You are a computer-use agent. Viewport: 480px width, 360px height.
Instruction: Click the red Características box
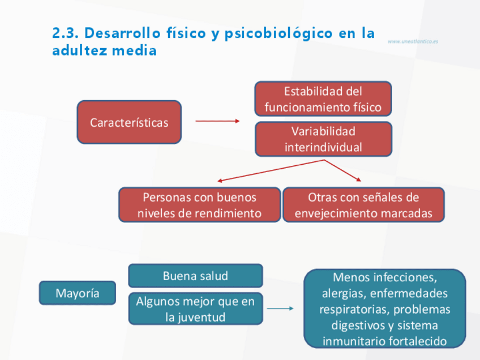click(129, 122)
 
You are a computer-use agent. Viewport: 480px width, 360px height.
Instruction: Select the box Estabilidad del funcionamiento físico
click(323, 99)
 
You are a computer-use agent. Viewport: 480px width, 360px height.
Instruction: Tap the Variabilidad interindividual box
click(323, 139)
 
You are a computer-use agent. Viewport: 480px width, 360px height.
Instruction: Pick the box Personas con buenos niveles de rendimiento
click(199, 205)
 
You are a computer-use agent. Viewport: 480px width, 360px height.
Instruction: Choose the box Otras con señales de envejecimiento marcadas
click(363, 205)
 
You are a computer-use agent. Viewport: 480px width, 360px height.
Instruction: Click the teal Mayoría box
click(78, 293)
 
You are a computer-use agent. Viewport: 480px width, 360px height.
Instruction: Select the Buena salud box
click(195, 276)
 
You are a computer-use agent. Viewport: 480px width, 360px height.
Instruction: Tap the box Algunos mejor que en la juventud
click(195, 309)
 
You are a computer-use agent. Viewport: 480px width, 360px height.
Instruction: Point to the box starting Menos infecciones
click(385, 309)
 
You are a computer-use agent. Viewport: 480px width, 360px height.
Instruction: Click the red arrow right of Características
click(217, 121)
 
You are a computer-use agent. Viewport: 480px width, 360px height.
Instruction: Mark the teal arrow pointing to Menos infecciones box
click(280, 308)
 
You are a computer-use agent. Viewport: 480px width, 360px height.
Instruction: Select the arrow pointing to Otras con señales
click(343, 170)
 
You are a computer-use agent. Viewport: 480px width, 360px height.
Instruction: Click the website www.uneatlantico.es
click(413, 41)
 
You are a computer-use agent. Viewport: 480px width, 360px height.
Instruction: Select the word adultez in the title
click(79, 50)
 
